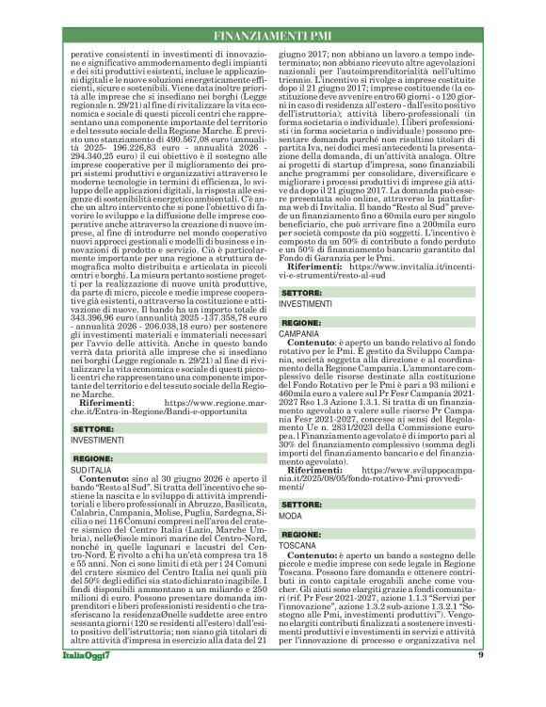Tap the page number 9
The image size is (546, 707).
(x=506, y=682)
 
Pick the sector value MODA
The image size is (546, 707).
(x=292, y=517)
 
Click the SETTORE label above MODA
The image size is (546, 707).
(x=302, y=506)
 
